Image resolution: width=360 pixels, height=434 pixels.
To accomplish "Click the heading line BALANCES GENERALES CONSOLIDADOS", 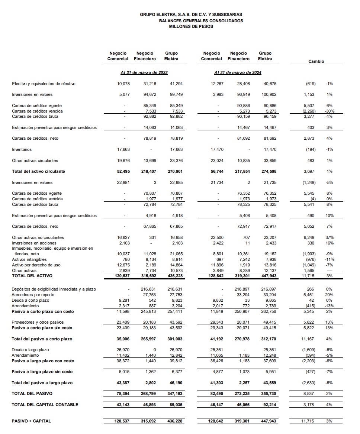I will [201, 21].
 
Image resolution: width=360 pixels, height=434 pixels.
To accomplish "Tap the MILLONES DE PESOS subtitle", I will [191, 26].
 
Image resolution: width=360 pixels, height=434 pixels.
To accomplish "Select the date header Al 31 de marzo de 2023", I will [144, 72].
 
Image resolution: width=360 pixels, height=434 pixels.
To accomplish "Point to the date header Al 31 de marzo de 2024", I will [238, 72].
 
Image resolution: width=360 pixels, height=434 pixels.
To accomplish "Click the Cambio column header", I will [316, 61].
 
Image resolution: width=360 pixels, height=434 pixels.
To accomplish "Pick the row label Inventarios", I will [22, 149].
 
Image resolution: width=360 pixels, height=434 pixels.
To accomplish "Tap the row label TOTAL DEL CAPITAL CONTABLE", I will [45, 405].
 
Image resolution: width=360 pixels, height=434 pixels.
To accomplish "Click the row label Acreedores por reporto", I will [30, 295].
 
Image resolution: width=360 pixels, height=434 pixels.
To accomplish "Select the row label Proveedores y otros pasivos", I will [38, 322].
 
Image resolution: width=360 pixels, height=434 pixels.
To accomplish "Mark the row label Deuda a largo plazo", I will [30, 350].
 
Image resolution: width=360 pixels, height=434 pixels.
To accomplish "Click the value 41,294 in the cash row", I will [176, 84].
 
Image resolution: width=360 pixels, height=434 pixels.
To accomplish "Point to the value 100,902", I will [269, 95].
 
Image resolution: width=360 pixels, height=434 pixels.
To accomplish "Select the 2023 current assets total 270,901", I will [175, 171].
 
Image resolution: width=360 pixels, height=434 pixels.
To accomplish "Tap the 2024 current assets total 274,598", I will [269, 171].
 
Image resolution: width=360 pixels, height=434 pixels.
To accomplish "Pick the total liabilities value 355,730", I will [269, 393].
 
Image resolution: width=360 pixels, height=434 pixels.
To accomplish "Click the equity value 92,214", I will [270, 405].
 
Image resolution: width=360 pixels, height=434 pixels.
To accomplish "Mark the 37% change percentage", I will [330, 237].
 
